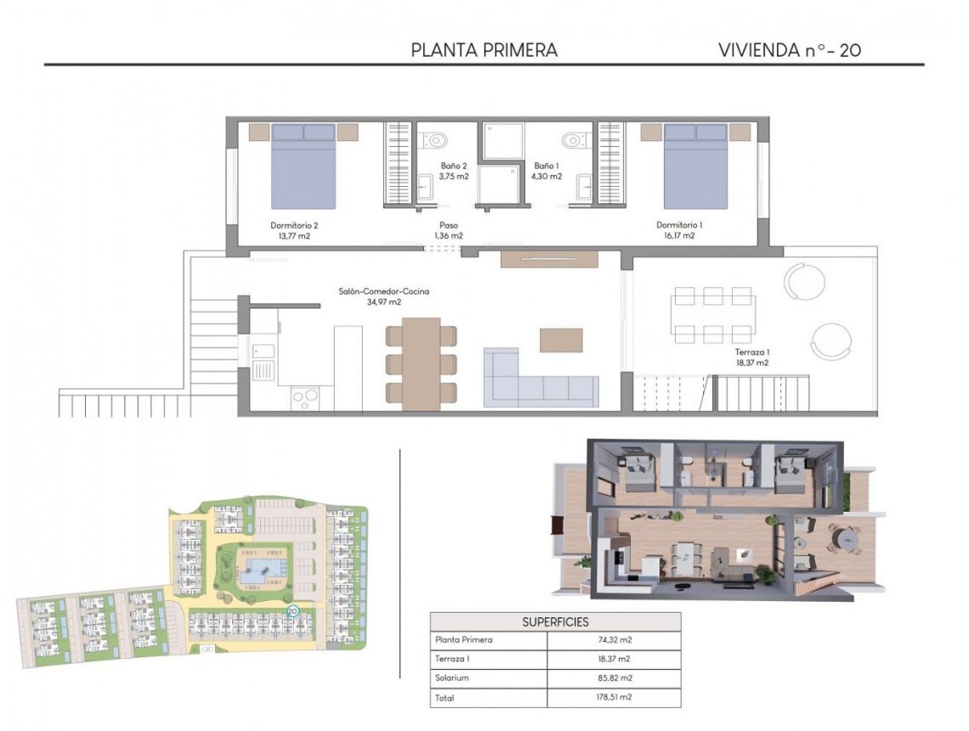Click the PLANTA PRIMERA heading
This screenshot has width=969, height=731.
click(484, 50)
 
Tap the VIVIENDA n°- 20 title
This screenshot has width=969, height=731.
click(790, 50)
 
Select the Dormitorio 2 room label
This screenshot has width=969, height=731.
click(294, 230)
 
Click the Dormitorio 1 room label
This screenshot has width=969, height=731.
click(679, 230)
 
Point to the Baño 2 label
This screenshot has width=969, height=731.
click(454, 171)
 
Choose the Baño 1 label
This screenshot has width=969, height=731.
click(547, 171)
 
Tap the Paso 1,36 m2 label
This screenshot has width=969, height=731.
click(449, 231)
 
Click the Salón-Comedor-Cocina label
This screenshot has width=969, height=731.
click(383, 296)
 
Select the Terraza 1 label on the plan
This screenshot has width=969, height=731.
click(751, 356)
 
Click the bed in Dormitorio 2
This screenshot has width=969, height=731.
click(303, 166)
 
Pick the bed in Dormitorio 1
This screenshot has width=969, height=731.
click(695, 166)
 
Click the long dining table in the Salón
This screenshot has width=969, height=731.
click(422, 363)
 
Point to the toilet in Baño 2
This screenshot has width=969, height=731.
click(438, 139)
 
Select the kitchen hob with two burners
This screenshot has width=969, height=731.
click(305, 397)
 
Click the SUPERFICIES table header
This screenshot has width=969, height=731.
click(555, 621)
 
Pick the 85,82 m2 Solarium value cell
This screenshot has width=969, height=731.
click(613, 678)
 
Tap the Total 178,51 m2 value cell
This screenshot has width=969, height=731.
click(613, 698)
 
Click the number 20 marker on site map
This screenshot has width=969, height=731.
click(293, 610)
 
